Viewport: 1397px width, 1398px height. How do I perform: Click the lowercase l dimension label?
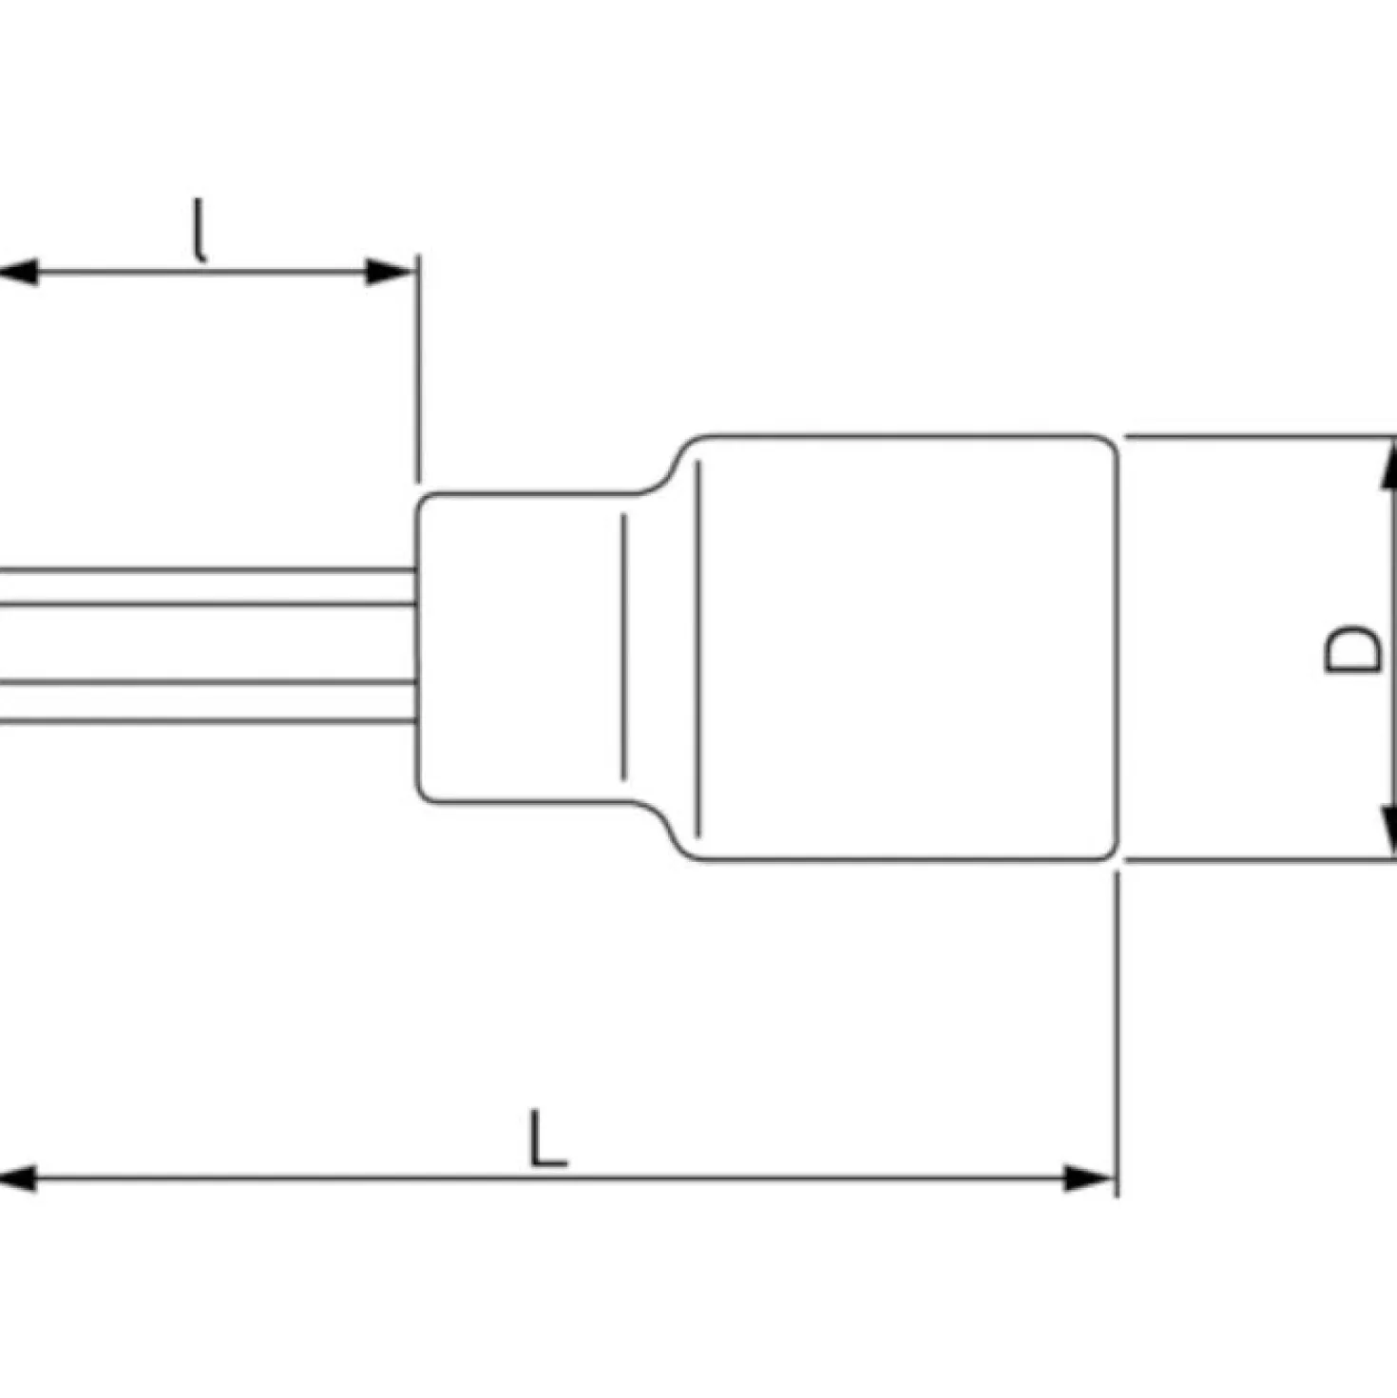200,230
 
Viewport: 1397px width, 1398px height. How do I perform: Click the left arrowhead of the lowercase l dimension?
17,273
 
